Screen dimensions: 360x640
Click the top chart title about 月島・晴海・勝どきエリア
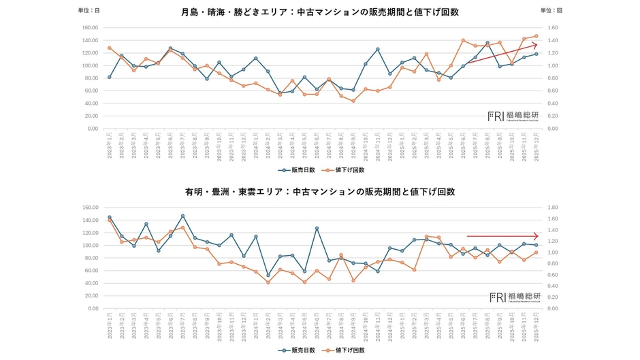click(x=320, y=12)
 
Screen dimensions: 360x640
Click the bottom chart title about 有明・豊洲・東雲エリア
click(x=320, y=192)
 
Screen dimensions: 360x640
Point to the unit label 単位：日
click(x=89, y=11)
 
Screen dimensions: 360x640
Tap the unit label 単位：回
click(x=551, y=11)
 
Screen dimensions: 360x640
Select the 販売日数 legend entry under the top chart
click(x=295, y=170)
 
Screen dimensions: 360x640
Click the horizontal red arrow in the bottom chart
click(x=511, y=235)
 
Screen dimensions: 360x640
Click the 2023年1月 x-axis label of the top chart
click(x=110, y=144)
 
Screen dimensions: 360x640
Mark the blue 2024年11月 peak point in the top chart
click(x=378, y=49)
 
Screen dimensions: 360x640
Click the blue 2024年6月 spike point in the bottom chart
click(x=317, y=228)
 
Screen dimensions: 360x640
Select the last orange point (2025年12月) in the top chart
click(x=537, y=36)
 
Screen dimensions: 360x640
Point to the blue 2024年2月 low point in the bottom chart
click(x=268, y=276)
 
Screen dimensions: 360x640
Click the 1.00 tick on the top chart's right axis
click(x=553, y=66)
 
